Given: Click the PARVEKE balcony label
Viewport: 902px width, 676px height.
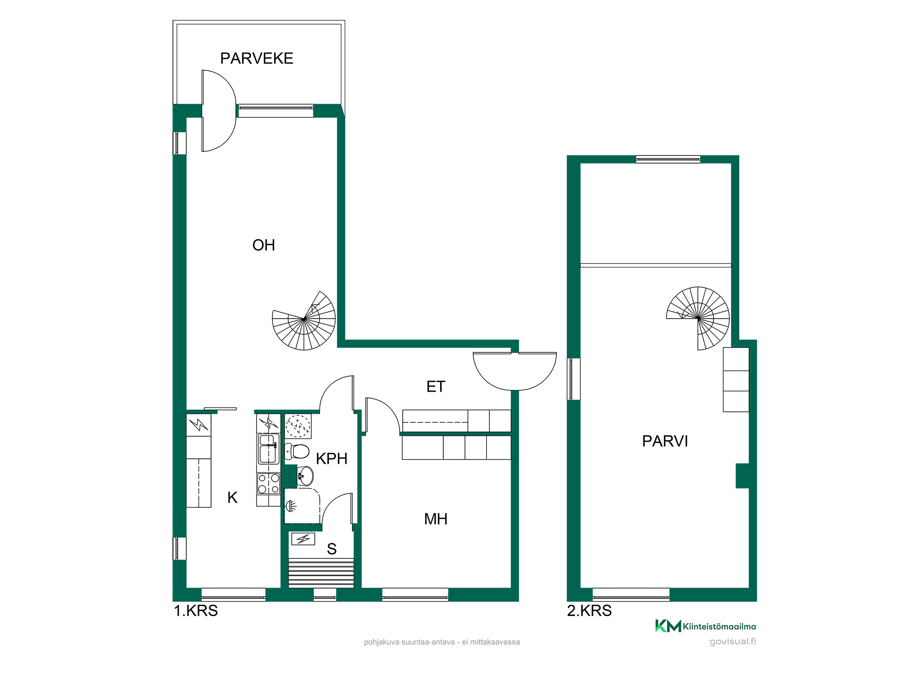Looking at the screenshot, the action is pyautogui.click(x=257, y=59).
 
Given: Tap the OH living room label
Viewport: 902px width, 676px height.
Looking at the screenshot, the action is pyautogui.click(x=264, y=245).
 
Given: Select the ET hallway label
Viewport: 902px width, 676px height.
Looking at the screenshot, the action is pyautogui.click(x=436, y=387).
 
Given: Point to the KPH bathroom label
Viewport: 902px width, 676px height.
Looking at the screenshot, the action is pyautogui.click(x=331, y=459).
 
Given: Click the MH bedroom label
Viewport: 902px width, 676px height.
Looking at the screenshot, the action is pyautogui.click(x=436, y=519).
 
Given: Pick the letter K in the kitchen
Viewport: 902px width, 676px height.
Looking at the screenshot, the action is pyautogui.click(x=232, y=498).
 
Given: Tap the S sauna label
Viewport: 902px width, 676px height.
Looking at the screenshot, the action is pyautogui.click(x=331, y=549).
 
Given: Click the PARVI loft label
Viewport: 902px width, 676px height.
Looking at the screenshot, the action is pyautogui.click(x=665, y=441).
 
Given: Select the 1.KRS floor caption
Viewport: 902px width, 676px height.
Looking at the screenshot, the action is pyautogui.click(x=196, y=611).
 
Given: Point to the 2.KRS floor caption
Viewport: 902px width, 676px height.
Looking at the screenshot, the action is pyautogui.click(x=589, y=611).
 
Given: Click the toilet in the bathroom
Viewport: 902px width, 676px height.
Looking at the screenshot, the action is pyautogui.click(x=297, y=451).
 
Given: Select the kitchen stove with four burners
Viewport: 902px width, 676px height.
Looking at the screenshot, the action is pyautogui.click(x=268, y=484).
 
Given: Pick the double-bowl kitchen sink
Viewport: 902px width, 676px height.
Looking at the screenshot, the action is pyautogui.click(x=268, y=449).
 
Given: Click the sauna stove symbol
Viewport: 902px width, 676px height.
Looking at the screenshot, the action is pyautogui.click(x=303, y=539).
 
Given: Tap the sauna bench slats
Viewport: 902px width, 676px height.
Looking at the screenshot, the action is pyautogui.click(x=321, y=573).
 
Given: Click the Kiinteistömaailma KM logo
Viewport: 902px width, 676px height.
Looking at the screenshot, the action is pyautogui.click(x=705, y=626).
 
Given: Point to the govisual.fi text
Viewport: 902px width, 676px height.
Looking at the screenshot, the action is pyautogui.click(x=733, y=641).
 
